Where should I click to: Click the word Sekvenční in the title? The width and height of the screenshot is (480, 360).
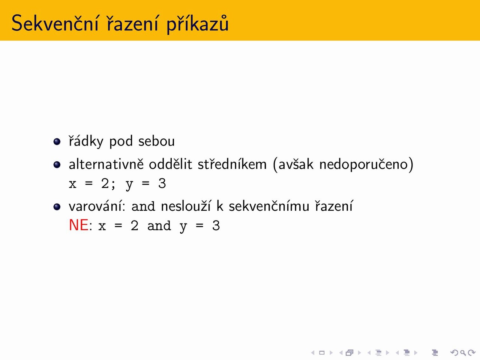tap(55, 23)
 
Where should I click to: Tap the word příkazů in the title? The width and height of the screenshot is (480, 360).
tap(198, 24)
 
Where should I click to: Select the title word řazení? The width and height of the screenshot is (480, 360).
tap(132, 23)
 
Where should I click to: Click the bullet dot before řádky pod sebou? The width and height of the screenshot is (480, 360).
tap(57, 141)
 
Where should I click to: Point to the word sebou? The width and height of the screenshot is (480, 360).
tap(157, 141)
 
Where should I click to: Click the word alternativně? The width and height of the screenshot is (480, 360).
tap(106, 164)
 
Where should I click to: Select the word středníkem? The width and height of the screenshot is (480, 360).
tap(232, 164)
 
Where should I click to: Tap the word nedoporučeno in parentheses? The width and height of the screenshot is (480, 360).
tap(364, 165)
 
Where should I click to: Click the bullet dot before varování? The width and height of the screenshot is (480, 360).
tap(57, 207)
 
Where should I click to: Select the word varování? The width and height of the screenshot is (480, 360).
tap(97, 206)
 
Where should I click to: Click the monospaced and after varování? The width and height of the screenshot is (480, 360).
tap(143, 206)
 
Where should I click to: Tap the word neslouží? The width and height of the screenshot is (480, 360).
tap(186, 206)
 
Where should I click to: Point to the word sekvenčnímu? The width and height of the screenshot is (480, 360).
tap(269, 206)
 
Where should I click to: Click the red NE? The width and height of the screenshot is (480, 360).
tap(79, 225)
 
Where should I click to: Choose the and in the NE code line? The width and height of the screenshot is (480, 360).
tap(159, 226)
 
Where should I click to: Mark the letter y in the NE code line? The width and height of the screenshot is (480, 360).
tap(183, 228)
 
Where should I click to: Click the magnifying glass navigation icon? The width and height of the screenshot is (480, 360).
tap(463, 352)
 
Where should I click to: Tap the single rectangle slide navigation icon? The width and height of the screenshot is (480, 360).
tap(322, 352)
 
